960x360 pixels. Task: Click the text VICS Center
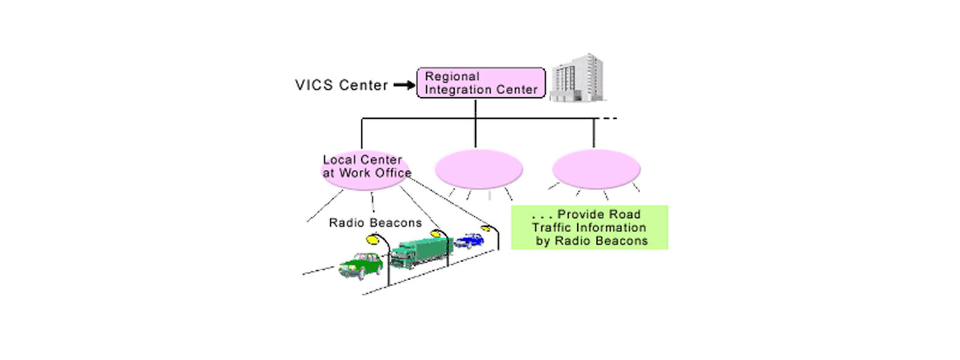click(341, 85)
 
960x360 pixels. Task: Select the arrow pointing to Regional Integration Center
click(404, 85)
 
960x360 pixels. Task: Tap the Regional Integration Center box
click(481, 83)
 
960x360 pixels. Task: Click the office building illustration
click(578, 77)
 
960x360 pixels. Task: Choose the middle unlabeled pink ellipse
click(478, 169)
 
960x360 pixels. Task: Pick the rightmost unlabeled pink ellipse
click(596, 169)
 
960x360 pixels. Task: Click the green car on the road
click(361, 265)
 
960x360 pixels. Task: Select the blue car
click(469, 241)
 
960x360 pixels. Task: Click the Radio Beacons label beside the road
click(375, 223)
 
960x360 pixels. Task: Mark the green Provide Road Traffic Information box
click(589, 227)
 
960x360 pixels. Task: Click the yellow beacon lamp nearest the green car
click(373, 239)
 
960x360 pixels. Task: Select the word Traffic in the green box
click(553, 228)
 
